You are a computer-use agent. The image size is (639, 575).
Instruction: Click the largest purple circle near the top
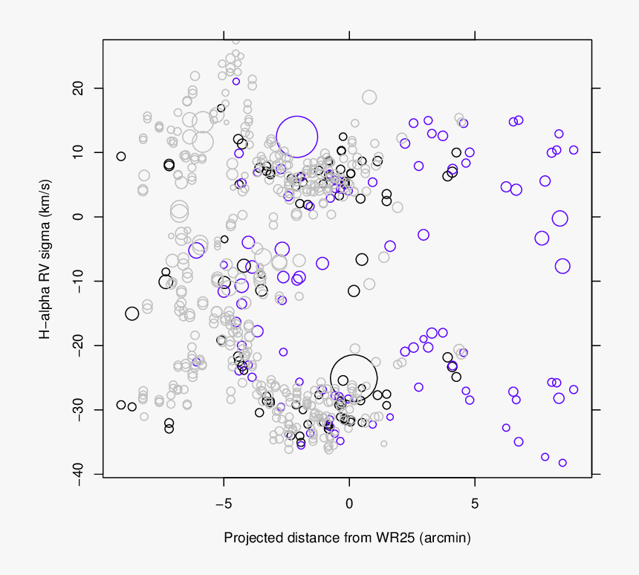coord(297,137)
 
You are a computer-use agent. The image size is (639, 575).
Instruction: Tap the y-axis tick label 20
coord(77,88)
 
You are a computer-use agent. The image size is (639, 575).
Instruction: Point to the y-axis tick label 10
coord(77,152)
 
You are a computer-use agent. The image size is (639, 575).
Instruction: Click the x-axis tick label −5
coord(224,504)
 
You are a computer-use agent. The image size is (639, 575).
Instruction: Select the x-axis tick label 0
coord(349,504)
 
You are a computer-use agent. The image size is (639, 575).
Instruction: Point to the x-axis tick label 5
coord(475,504)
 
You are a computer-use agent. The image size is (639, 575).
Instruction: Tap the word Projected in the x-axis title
coord(252,537)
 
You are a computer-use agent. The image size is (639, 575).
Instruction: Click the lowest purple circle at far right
coord(562,463)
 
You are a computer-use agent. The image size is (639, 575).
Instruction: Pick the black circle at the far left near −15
coord(132,314)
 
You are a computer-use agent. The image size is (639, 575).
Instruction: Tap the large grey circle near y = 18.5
coord(369,97)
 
